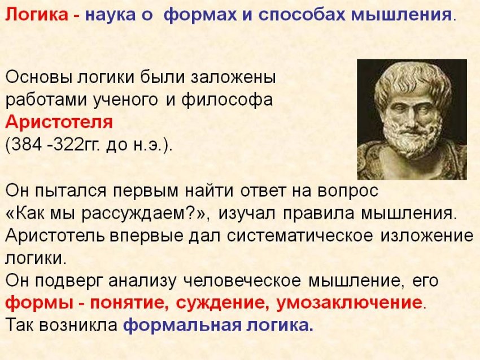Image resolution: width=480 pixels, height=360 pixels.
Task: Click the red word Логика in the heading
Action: [34, 14]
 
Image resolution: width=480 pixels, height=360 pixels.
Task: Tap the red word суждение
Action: [222, 302]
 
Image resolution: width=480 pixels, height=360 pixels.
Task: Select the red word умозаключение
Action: [349, 302]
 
